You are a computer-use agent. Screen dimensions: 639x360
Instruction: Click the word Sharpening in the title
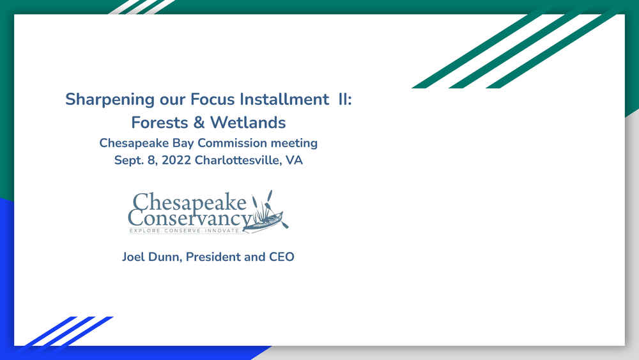[x=110, y=100]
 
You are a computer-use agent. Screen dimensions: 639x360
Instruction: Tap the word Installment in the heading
[x=284, y=99]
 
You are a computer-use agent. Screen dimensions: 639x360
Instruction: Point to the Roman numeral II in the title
[x=344, y=99]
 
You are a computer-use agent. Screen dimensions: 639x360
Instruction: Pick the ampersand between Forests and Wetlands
[x=199, y=122]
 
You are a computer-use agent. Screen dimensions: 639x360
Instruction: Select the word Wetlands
[x=248, y=122]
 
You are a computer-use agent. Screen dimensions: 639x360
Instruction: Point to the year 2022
[x=176, y=160]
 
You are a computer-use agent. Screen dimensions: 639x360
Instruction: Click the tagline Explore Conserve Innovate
[x=185, y=231]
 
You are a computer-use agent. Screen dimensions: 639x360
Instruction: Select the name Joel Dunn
[x=152, y=257]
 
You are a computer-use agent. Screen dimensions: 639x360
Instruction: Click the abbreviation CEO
[x=282, y=257]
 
